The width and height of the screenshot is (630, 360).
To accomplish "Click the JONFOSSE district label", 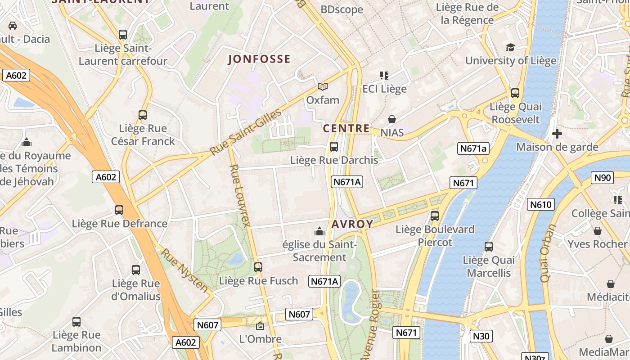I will click(259, 59).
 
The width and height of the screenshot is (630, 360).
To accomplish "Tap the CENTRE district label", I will click(346, 128).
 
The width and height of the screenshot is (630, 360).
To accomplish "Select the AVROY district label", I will click(353, 224).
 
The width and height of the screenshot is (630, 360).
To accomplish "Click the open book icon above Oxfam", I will click(322, 86).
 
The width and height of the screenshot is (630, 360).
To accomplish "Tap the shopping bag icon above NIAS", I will click(392, 119).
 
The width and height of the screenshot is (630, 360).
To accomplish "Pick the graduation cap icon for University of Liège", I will click(510, 47).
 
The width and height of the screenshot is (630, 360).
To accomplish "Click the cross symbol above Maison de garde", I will click(557, 134).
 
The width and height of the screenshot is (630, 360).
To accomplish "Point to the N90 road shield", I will click(603, 178).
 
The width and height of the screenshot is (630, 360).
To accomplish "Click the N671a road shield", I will click(473, 148).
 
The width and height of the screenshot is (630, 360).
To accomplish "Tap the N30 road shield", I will click(481, 336).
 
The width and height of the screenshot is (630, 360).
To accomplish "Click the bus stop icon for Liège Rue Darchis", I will click(334, 146).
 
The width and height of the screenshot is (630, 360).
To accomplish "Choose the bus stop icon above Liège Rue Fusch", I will click(258, 267).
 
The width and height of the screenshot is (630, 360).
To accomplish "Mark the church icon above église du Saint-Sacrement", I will click(319, 231).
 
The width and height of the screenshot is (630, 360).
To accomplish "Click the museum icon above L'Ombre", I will click(260, 325).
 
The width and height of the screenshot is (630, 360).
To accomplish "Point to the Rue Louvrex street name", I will click(240, 196).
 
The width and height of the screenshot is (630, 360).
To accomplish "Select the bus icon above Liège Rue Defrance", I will click(119, 210).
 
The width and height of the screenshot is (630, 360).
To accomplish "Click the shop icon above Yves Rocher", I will click(598, 231).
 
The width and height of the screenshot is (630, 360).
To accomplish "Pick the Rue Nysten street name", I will click(185, 270).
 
